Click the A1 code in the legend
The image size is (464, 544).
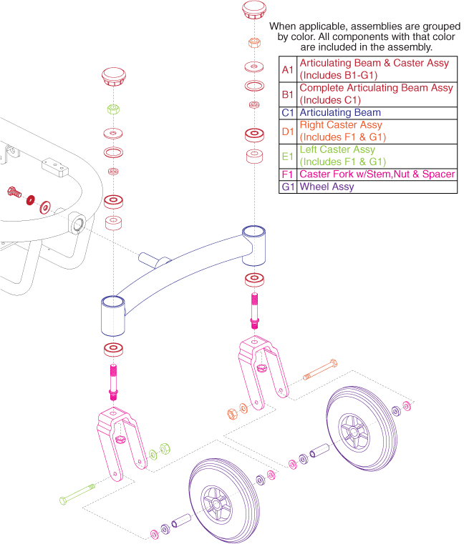click(x=287, y=69)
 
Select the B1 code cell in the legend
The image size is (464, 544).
click(x=287, y=94)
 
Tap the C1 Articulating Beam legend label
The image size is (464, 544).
click(x=340, y=113)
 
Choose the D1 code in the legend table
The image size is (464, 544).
click(x=287, y=131)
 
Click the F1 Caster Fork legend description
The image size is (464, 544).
click(x=377, y=174)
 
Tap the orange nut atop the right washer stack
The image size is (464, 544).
click(x=253, y=42)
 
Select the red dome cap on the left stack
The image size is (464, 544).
click(x=114, y=76)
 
